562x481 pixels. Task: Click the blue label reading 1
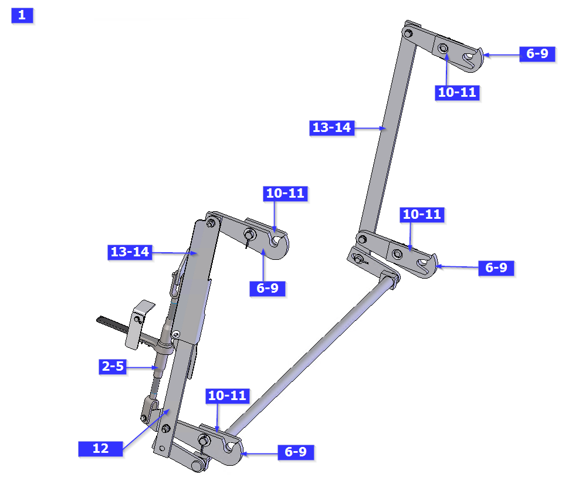pyautogui.click(x=22, y=15)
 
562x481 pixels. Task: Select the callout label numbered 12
pyautogui.click(x=100, y=448)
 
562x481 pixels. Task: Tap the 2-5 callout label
pyautogui.click(x=113, y=366)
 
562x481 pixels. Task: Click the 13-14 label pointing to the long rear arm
pyautogui.click(x=332, y=128)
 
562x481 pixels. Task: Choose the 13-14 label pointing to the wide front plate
pyautogui.click(x=130, y=252)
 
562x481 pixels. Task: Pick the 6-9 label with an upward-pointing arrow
pyautogui.click(x=268, y=289)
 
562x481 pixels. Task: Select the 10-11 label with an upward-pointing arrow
pyautogui.click(x=457, y=93)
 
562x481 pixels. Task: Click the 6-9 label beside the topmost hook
pyautogui.click(x=537, y=54)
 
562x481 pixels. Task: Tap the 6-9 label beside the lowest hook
pyautogui.click(x=296, y=452)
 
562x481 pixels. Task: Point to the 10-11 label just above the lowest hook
pyautogui.click(x=227, y=396)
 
